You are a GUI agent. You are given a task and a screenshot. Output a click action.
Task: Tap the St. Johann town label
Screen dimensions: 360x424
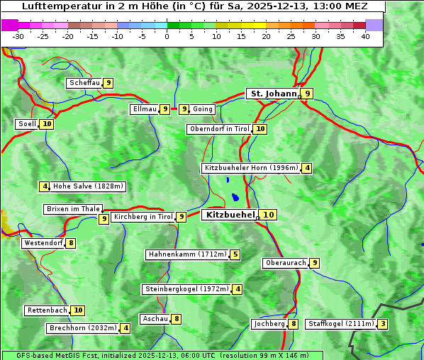coord(272,94)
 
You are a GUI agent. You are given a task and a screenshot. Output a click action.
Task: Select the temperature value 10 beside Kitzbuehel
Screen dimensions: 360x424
coord(268,215)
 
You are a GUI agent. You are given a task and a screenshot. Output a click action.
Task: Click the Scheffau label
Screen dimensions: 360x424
coord(84,83)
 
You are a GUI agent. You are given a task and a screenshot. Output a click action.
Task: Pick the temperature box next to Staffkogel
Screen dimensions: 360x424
coord(383,325)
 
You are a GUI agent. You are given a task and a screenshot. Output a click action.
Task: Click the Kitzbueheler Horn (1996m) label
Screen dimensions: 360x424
coord(251,168)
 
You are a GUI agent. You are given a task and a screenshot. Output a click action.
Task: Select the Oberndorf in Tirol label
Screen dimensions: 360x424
coord(219,129)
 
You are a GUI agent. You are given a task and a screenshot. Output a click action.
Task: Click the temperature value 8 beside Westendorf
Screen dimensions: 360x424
coord(71,243)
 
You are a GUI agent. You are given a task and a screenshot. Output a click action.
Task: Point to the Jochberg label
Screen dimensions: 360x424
coord(269,324)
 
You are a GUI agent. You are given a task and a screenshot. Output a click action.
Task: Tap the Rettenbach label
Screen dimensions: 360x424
coord(48,310)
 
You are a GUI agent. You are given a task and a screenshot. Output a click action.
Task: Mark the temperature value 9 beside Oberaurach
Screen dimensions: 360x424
coord(315,263)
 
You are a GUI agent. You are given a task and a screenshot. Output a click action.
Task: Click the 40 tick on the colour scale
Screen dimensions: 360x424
coord(365,36)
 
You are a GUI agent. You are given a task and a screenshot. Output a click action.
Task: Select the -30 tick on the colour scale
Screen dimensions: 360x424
coord(18,36)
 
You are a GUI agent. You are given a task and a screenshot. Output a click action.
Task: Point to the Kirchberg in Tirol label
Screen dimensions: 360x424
coord(143,217)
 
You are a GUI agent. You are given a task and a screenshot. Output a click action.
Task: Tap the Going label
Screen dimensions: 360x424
coord(203,109)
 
